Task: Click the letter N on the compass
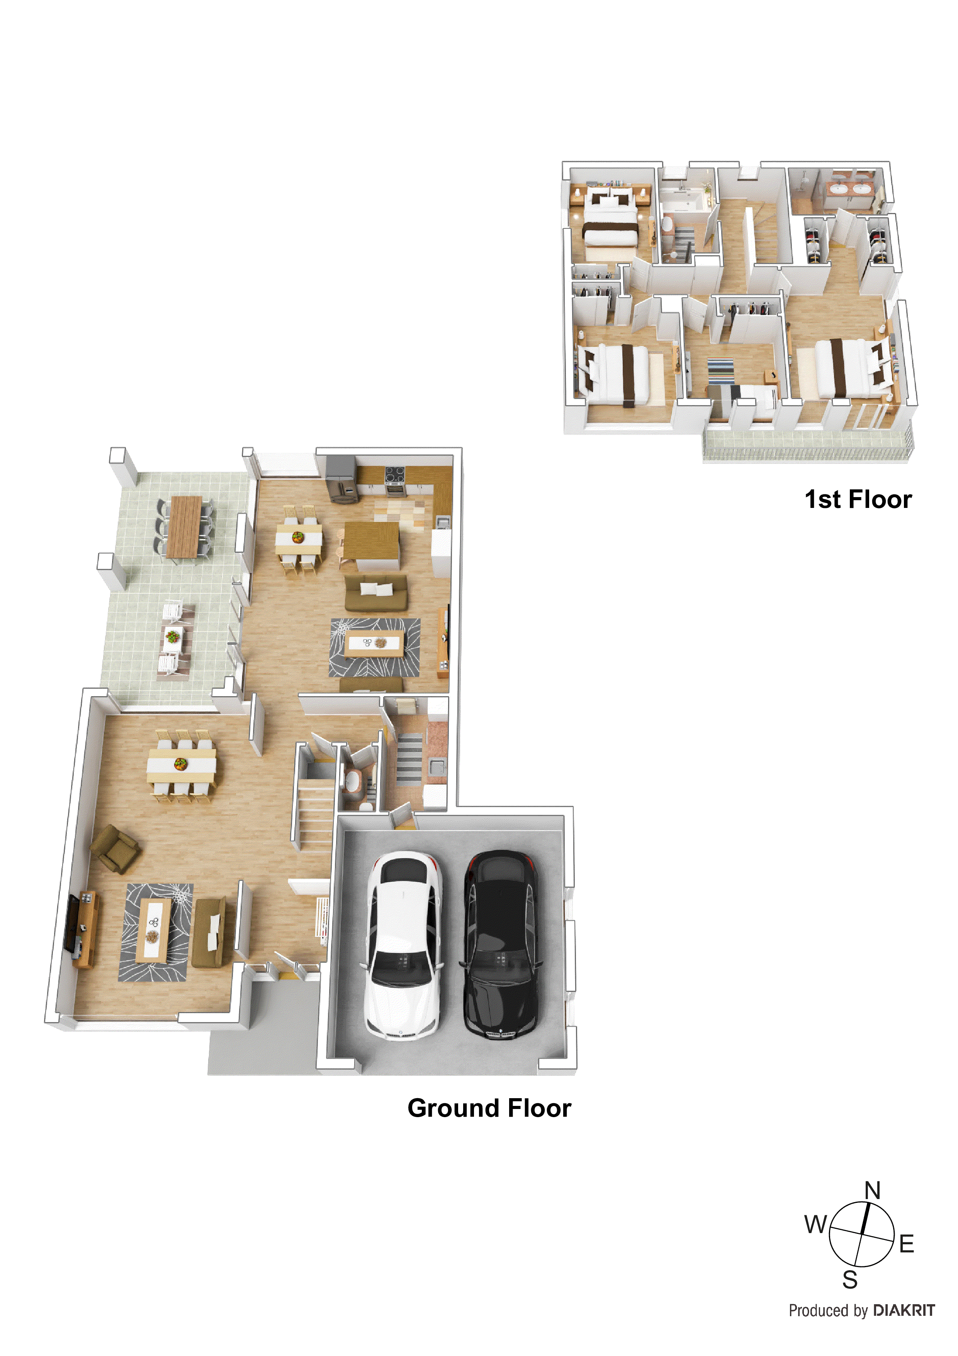click(x=872, y=1190)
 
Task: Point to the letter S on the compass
click(x=849, y=1280)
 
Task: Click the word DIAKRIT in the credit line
click(x=903, y=1310)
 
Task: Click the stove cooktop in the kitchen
click(x=395, y=473)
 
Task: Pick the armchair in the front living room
click(x=116, y=848)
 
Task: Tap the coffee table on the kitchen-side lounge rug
click(x=375, y=643)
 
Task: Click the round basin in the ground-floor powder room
click(x=352, y=781)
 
